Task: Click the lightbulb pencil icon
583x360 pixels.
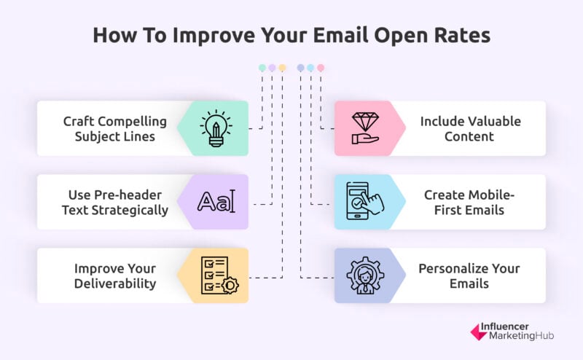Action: (x=216, y=128)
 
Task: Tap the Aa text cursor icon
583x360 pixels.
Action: (x=216, y=202)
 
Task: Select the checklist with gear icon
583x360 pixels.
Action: (x=219, y=275)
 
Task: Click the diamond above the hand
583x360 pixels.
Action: (x=365, y=122)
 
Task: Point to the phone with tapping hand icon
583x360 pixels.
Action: (x=365, y=201)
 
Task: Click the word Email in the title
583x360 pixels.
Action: (x=341, y=35)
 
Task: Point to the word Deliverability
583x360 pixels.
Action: (x=115, y=283)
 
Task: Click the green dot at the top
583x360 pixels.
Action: (x=262, y=68)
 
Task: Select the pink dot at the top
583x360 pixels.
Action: (x=321, y=68)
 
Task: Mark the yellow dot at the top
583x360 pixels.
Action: (x=282, y=68)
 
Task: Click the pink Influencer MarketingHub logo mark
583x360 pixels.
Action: (x=479, y=332)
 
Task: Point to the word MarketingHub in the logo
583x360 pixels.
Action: (x=521, y=336)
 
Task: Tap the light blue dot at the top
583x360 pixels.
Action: (x=310, y=68)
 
